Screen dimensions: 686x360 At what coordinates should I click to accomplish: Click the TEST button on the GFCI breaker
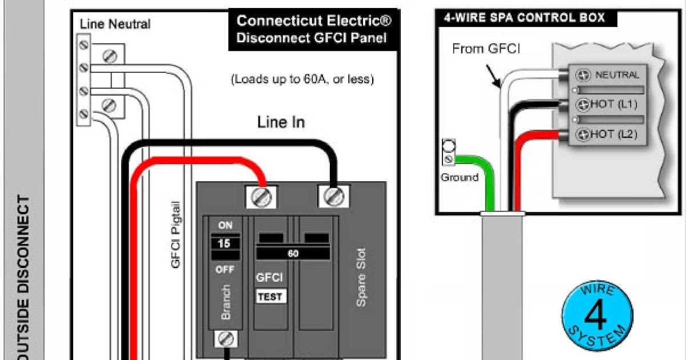click(271, 297)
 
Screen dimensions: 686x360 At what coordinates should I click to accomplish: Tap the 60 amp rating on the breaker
click(293, 254)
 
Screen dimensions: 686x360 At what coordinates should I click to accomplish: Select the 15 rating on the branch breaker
click(224, 243)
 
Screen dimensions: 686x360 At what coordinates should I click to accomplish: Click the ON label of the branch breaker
click(225, 225)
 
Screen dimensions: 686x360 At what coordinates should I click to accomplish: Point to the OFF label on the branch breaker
click(225, 269)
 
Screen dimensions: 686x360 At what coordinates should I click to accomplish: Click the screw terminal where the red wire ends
click(261, 197)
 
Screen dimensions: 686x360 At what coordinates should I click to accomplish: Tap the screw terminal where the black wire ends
click(334, 196)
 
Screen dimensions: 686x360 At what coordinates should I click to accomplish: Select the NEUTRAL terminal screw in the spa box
click(583, 75)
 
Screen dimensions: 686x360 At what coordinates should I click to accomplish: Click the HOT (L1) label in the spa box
click(614, 105)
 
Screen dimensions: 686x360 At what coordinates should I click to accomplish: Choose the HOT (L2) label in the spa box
click(614, 134)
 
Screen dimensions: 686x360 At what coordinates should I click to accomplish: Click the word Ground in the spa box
click(460, 178)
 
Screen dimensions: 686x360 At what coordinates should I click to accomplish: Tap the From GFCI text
click(486, 49)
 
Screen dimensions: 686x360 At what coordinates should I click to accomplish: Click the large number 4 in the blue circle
click(595, 315)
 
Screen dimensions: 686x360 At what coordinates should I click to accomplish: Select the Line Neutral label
click(115, 24)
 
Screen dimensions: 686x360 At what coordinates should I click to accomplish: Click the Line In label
click(281, 122)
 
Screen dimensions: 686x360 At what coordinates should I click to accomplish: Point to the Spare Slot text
click(361, 277)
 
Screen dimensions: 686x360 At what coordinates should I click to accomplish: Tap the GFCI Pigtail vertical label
click(175, 234)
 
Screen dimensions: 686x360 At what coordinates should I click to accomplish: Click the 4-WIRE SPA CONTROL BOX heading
click(524, 18)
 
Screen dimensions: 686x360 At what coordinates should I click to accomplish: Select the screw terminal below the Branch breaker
click(226, 339)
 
